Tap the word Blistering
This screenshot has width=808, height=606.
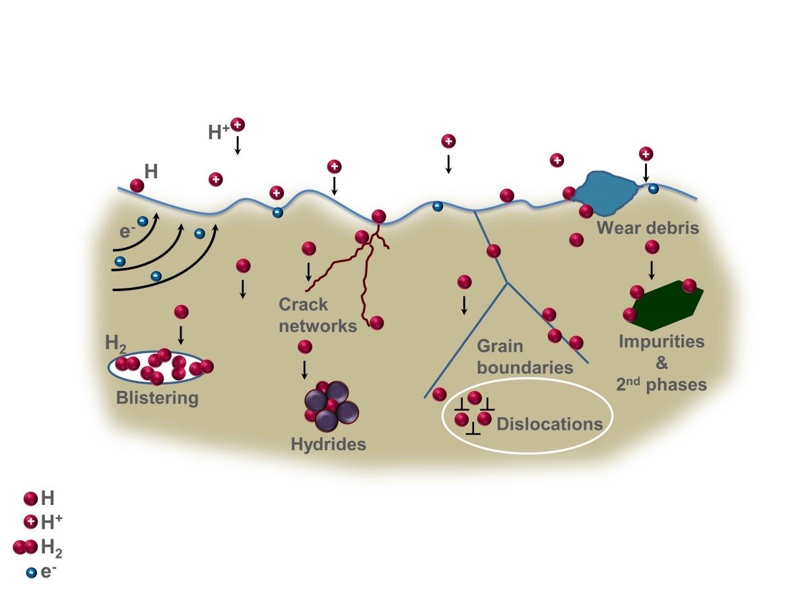pyautogui.click(x=157, y=398)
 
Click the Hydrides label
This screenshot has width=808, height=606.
pyautogui.click(x=328, y=444)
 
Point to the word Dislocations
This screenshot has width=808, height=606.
pyautogui.click(x=550, y=424)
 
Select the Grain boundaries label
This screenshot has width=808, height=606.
pyautogui.click(x=524, y=356)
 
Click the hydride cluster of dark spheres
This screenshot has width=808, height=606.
pyautogui.click(x=331, y=405)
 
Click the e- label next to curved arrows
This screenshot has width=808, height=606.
pyautogui.click(x=127, y=232)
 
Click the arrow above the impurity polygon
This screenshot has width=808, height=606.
pyautogui.click(x=652, y=269)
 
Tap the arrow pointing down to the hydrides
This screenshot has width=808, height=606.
pyautogui.click(x=304, y=368)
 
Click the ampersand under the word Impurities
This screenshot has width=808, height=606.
pyautogui.click(x=662, y=364)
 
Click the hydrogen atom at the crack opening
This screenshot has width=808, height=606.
pyautogui.click(x=378, y=217)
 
